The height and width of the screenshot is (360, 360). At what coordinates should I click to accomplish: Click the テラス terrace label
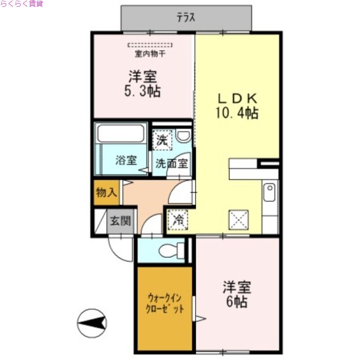click(186, 18)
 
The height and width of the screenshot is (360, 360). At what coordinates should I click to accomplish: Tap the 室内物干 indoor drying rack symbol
click(150, 45)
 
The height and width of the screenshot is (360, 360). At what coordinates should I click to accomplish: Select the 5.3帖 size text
click(143, 91)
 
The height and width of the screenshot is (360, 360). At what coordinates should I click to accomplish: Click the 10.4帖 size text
click(237, 113)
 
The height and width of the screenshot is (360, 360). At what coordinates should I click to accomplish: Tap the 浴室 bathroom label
click(126, 160)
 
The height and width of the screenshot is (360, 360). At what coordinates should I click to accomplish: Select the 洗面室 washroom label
click(171, 163)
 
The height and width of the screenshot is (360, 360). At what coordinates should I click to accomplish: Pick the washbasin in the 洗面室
click(183, 136)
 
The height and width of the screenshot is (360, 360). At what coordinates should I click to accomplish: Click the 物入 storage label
click(106, 193)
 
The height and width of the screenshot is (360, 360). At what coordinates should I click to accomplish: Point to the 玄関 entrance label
click(121, 221)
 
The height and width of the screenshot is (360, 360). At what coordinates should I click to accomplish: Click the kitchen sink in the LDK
click(269, 193)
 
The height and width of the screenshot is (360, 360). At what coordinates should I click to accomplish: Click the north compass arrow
click(92, 323)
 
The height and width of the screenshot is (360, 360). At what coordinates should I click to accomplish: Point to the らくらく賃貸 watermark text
click(22, 4)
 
